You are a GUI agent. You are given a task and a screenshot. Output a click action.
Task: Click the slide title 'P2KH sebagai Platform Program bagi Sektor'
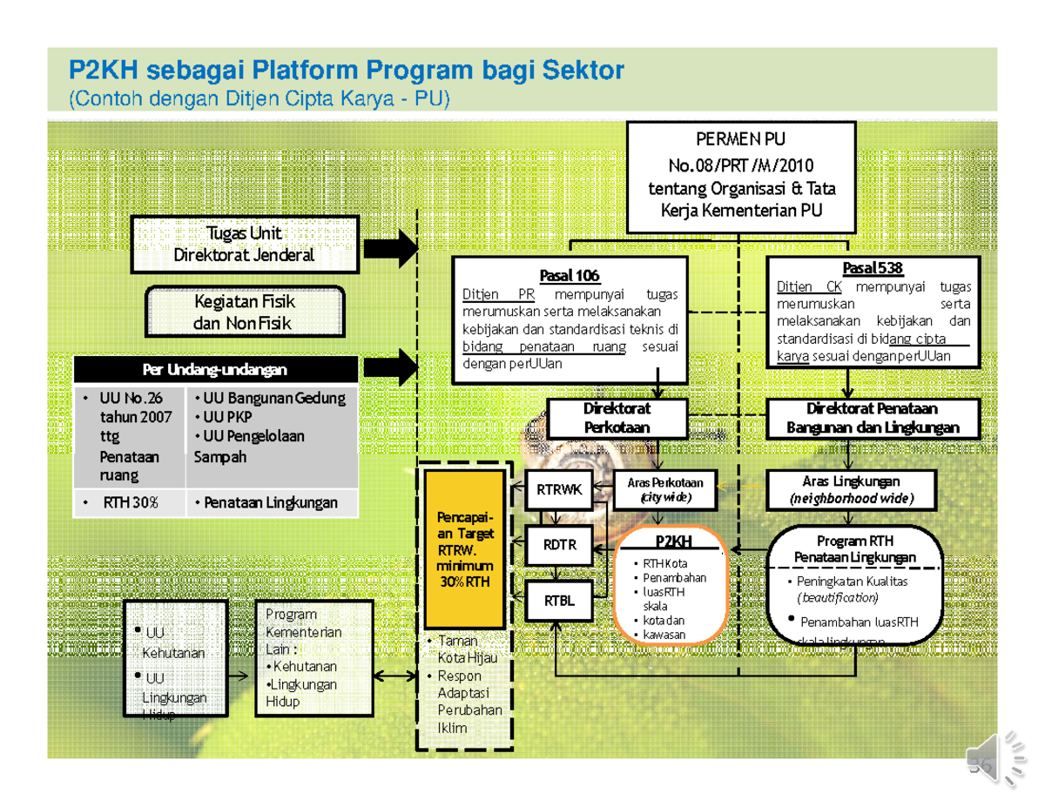[x=346, y=70]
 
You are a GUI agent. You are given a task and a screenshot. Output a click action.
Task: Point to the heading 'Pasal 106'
[x=570, y=276]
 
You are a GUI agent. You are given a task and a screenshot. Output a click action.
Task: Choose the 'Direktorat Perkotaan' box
[x=617, y=418]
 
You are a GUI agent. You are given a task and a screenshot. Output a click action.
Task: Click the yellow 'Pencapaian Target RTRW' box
[x=463, y=548]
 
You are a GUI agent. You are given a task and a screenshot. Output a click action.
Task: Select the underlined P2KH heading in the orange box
[x=670, y=542]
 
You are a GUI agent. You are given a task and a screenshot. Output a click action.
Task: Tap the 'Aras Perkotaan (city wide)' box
[x=665, y=490]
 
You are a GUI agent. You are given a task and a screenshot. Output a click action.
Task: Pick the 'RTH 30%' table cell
[x=129, y=502]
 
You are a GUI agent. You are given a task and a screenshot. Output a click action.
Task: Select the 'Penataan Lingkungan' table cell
[x=270, y=502]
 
